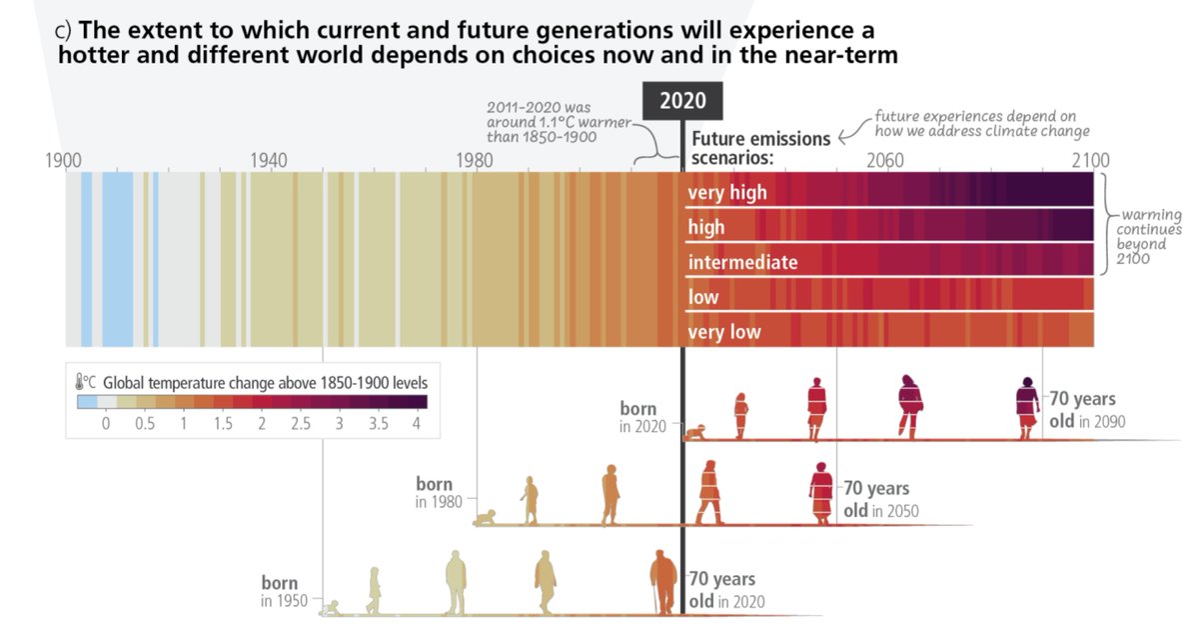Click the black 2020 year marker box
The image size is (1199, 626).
tap(681, 101)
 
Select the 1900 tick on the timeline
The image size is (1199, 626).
tap(63, 160)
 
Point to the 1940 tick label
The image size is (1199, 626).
tap(269, 160)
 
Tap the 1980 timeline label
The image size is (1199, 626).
tap(475, 160)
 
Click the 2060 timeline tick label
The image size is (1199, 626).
tap(885, 160)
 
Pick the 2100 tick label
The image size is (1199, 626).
tap(1089, 160)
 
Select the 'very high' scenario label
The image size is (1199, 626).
tap(727, 192)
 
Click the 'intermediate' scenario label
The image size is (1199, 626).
tap(742, 262)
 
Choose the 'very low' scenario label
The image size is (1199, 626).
tap(724, 332)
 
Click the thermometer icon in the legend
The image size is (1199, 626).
tap(83, 381)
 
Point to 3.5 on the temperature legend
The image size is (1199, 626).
tap(379, 424)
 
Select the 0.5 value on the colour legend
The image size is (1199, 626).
tap(145, 424)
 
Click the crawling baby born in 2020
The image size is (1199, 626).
tap(695, 432)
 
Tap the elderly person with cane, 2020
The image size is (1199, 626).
tap(662, 583)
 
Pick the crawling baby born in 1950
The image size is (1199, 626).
tap(332, 607)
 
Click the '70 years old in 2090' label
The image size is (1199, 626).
tap(1085, 410)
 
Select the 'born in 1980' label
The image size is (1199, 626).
tap(440, 493)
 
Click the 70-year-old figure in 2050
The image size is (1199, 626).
tap(821, 492)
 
